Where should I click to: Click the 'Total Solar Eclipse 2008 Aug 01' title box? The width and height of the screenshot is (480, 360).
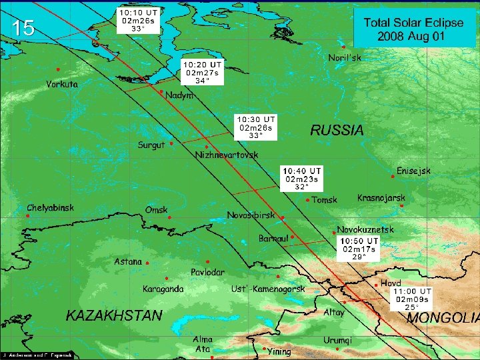pyautogui.click(x=413, y=29)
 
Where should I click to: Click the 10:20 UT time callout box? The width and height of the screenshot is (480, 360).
pyautogui.click(x=202, y=72)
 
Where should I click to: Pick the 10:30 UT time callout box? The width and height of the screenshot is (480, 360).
pyautogui.click(x=254, y=127)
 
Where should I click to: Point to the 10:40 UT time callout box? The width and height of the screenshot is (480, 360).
pyautogui.click(x=302, y=179)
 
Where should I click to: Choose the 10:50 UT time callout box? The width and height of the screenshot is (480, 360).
pyautogui.click(x=359, y=249)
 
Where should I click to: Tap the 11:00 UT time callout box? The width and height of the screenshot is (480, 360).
pyautogui.click(x=412, y=299)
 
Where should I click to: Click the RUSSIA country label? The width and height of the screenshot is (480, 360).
pyautogui.click(x=337, y=131)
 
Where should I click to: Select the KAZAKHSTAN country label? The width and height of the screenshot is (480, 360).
pyautogui.click(x=113, y=315)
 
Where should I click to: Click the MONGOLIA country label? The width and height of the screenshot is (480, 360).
pyautogui.click(x=443, y=318)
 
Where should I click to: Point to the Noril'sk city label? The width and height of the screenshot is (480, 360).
pyautogui.click(x=345, y=58)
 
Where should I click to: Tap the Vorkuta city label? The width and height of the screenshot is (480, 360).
pyautogui.click(x=62, y=84)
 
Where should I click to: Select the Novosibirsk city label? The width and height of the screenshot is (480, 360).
pyautogui.click(x=251, y=215)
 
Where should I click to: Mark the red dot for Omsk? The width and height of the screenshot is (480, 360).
pyautogui.click(x=169, y=217)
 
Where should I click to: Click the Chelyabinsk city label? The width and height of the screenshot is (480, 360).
pyautogui.click(x=50, y=208)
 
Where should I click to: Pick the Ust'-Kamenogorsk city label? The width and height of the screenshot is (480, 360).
pyautogui.click(x=267, y=289)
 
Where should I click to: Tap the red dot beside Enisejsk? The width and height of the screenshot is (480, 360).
pyautogui.click(x=393, y=177)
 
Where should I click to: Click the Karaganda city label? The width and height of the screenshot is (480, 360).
pyautogui.click(x=163, y=289)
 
